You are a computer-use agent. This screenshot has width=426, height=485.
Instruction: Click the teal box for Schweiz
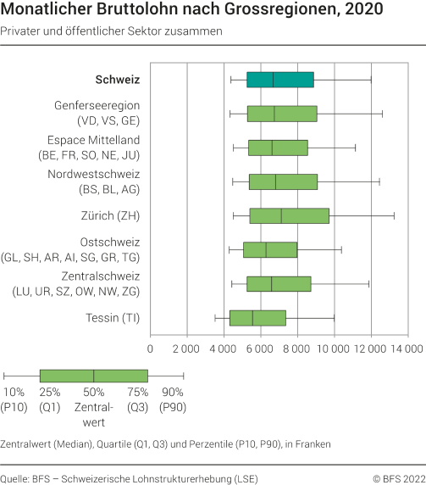(x=279, y=80)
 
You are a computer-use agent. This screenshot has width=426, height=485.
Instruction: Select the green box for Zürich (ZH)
(x=290, y=215)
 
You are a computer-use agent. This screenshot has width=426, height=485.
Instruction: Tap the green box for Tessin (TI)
(x=257, y=318)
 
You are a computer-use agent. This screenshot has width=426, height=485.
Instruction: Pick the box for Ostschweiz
(x=270, y=249)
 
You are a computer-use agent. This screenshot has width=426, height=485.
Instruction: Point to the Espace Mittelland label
(x=97, y=148)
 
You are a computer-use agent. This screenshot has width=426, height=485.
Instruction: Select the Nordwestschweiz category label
(x=97, y=181)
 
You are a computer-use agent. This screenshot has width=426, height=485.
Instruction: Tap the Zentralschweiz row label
(x=97, y=284)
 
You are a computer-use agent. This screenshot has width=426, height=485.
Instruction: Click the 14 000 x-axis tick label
(x=406, y=348)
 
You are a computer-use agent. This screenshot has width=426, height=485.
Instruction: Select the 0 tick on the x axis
(x=151, y=348)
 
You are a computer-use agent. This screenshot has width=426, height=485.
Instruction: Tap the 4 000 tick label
(x=224, y=348)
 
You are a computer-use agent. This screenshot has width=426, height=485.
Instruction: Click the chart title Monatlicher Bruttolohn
(x=191, y=11)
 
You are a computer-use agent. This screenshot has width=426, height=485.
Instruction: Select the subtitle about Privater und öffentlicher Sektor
(x=112, y=31)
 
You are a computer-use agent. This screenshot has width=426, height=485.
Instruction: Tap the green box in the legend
(x=93, y=376)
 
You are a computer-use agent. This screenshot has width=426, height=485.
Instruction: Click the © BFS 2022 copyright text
(x=398, y=478)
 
